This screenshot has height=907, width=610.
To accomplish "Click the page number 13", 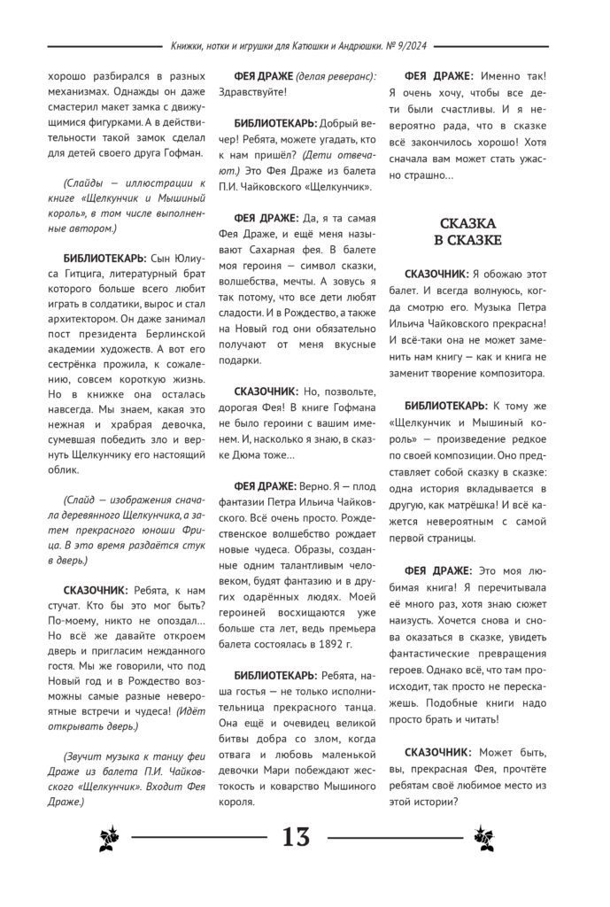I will tap(297, 835).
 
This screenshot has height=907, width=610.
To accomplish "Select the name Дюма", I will tap(237, 455).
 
